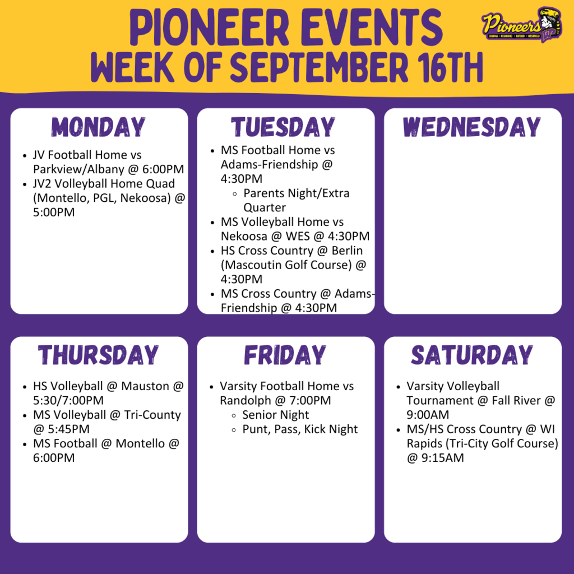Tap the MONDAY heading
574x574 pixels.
99,127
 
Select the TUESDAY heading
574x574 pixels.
283,127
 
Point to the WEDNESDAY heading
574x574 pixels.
472,127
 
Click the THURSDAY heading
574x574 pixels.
99,355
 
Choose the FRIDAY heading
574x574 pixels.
285,355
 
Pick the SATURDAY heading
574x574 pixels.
472,355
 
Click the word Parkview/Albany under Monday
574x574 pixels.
78,169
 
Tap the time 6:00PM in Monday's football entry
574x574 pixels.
163,169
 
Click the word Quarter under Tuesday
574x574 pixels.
265,208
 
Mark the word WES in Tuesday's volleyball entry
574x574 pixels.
298,236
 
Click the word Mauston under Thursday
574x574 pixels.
145,386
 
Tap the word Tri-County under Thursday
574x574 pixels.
152,415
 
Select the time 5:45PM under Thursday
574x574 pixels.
68,429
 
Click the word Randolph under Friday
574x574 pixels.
245,401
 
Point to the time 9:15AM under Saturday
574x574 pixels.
443,458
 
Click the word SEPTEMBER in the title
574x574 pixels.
319,67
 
